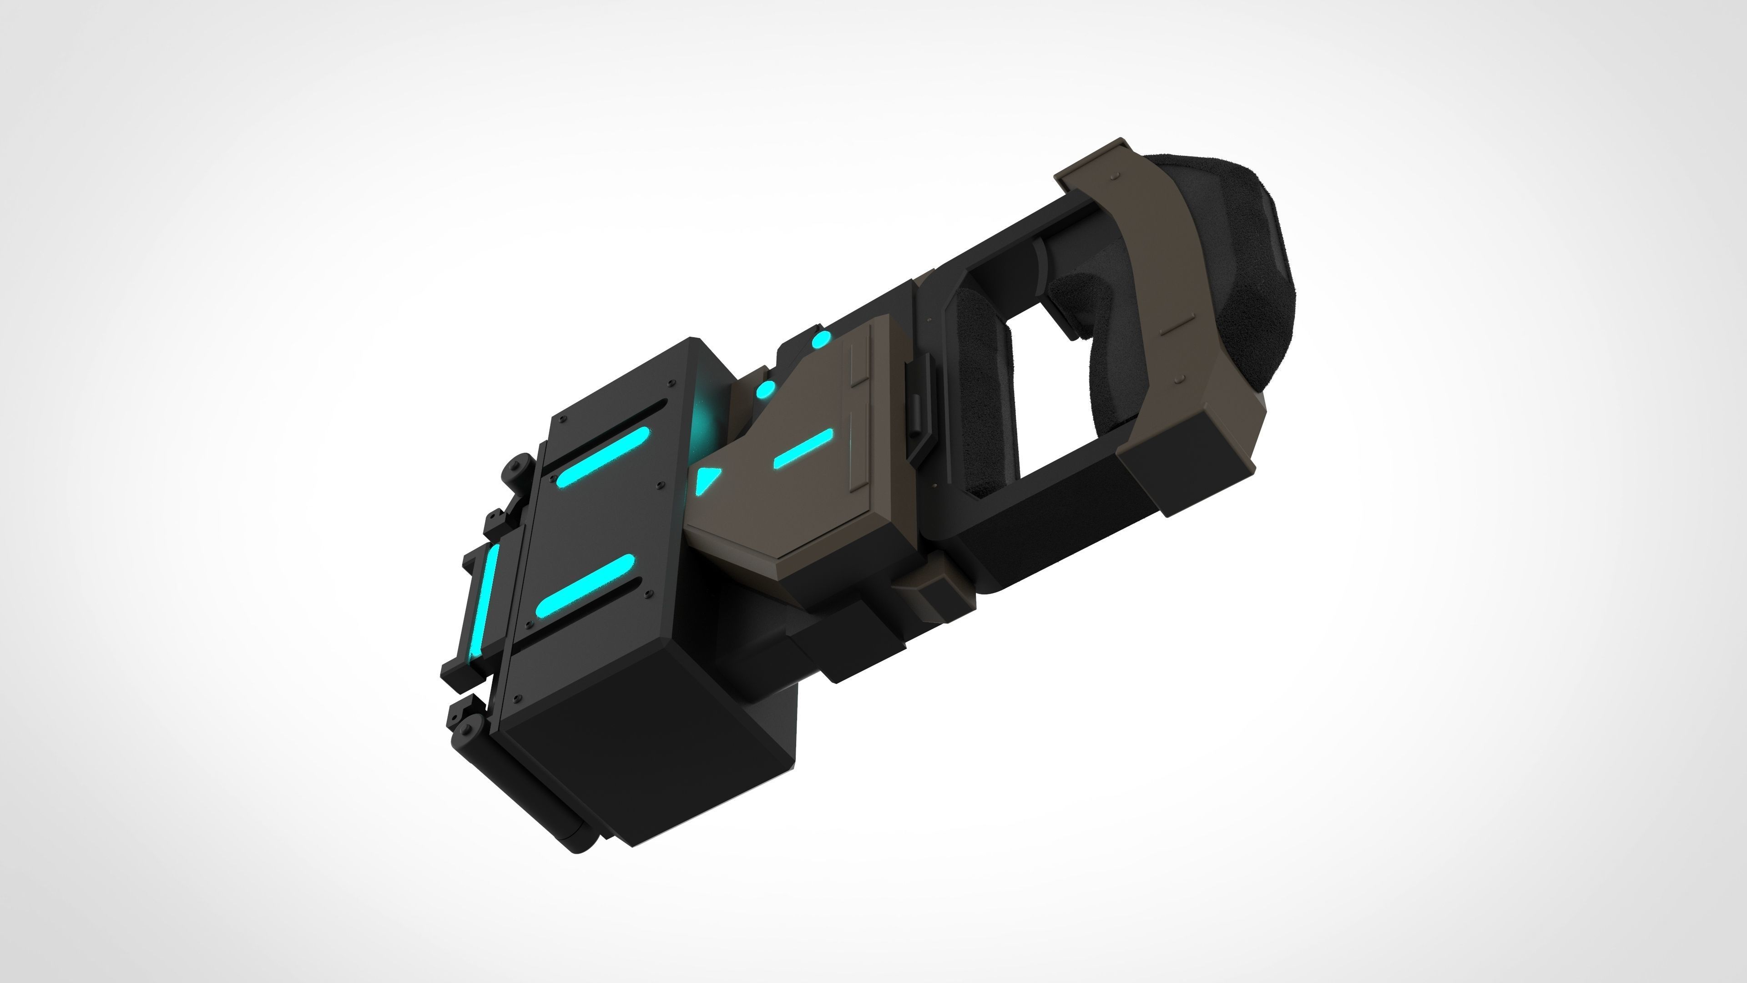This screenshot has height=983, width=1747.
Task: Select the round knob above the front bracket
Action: point(517,468)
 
